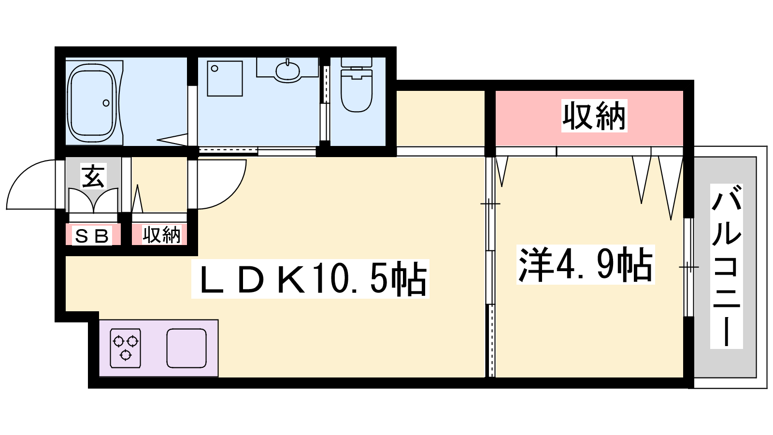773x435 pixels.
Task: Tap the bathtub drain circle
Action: (106, 102)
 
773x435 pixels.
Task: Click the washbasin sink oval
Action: (287, 71)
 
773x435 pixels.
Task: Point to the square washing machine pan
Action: (225, 78)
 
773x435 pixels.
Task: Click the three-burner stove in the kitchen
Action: (125, 348)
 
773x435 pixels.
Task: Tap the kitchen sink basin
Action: (186, 348)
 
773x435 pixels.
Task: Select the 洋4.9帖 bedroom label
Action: (585, 265)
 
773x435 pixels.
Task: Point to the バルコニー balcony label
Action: (726, 266)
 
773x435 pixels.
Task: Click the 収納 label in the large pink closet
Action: (594, 116)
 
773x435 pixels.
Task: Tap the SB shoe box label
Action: (92, 236)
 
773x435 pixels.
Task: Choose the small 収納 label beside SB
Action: (161, 235)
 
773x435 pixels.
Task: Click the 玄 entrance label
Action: (93, 175)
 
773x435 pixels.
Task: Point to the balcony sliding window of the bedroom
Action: (689, 267)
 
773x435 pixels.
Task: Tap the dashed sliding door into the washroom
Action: (228, 150)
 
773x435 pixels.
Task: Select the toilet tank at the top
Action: (357, 62)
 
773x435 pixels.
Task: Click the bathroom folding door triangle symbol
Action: (172, 140)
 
